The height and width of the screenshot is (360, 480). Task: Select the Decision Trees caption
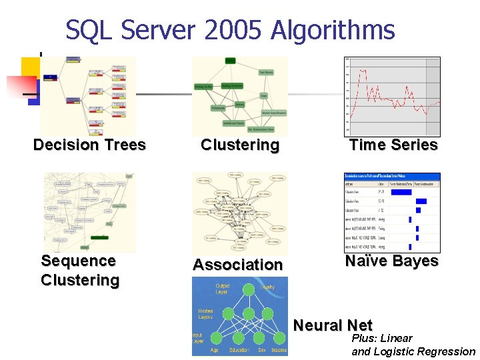click(x=89, y=145)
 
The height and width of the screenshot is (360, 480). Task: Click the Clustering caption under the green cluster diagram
click(x=240, y=145)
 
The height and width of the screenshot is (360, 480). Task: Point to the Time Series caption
click(x=393, y=145)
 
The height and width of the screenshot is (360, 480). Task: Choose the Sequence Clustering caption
click(x=79, y=270)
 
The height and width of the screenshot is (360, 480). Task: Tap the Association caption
click(x=238, y=265)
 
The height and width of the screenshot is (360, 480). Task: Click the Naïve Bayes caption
click(x=392, y=261)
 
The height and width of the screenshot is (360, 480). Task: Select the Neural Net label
click(x=333, y=325)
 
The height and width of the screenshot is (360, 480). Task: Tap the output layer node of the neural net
click(x=248, y=289)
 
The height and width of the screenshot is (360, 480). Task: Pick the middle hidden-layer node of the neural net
click(x=248, y=314)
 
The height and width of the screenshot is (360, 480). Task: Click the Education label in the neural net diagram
click(x=239, y=350)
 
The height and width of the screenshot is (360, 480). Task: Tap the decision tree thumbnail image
click(x=88, y=96)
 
